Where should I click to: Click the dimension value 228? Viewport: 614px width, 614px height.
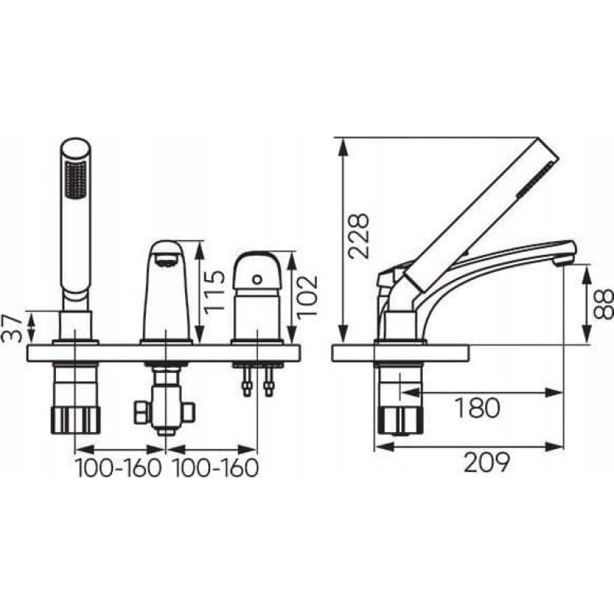(x=358, y=236)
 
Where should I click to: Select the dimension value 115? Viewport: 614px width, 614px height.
(x=215, y=291)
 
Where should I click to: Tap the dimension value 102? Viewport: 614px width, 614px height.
(x=306, y=298)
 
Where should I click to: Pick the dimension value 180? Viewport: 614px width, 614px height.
(x=477, y=408)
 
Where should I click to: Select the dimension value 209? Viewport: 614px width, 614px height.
(x=487, y=463)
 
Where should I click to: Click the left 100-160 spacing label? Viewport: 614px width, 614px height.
(x=118, y=468)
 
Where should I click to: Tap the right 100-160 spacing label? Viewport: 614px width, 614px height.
(x=215, y=468)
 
